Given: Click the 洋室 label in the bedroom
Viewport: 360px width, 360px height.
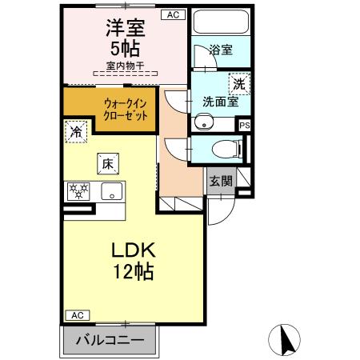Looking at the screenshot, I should point(125,27).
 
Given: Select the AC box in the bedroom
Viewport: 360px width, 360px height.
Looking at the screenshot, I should point(174,14).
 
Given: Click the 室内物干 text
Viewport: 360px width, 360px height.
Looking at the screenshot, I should point(123,66).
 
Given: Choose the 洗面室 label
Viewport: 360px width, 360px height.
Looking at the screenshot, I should point(220,102).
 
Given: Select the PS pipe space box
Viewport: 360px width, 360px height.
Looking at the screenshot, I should point(245,126).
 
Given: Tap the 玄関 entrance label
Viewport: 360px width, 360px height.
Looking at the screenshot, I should point(221,181).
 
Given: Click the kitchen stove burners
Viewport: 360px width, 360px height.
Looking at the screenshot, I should point(79,191).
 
